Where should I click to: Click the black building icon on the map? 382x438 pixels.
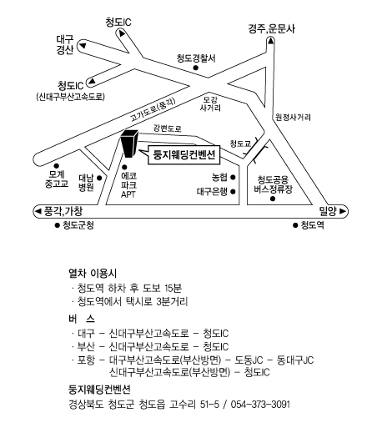point(129,143)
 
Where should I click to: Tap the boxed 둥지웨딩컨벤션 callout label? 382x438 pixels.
point(183,155)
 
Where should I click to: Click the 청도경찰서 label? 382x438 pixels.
point(196,58)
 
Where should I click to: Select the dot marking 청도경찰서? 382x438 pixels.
point(196,68)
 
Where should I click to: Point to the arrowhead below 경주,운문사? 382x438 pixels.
point(270,41)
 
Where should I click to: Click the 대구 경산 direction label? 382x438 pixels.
point(65,44)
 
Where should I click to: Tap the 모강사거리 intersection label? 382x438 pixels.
point(210,104)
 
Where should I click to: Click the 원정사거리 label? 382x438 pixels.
point(293,117)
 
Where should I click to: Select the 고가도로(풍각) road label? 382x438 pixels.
point(153,109)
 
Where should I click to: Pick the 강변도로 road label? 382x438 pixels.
point(168,128)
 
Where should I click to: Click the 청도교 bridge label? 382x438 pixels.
point(240,143)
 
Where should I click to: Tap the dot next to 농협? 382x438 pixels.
point(233,177)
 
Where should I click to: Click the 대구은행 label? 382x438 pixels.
point(212,192)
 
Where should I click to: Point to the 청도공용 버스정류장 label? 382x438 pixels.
point(273,184)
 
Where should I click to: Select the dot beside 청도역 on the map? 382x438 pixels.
point(295,225)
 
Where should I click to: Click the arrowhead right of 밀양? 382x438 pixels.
point(343,211)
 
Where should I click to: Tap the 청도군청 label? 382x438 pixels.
point(78,225)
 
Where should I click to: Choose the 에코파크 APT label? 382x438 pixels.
point(128,185)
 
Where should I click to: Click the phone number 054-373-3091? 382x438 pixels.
point(260,405)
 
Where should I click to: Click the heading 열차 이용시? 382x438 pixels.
point(93,273)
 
